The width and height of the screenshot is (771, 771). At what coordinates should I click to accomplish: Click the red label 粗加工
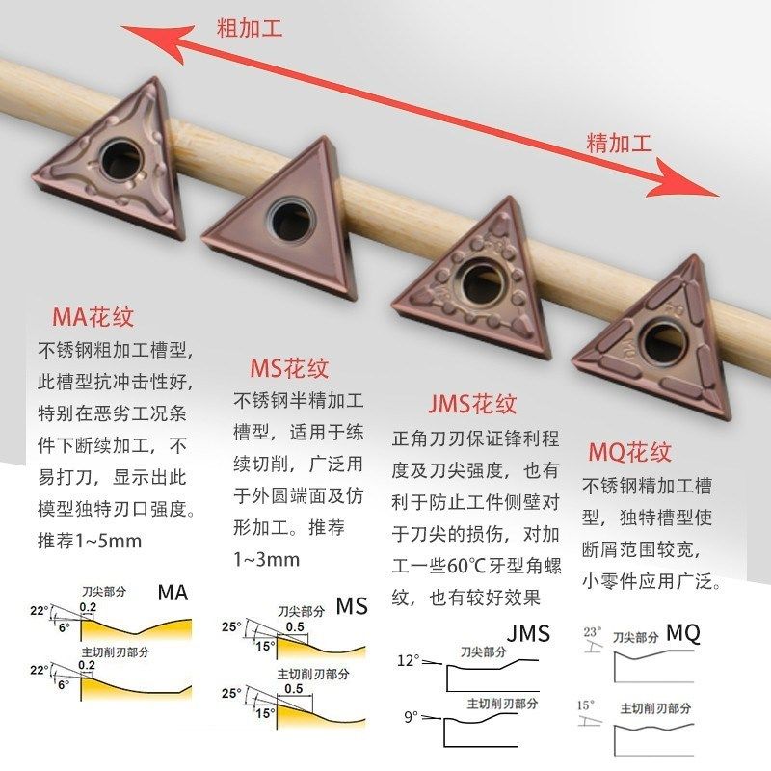click(249, 29)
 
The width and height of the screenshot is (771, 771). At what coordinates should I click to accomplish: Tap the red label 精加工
click(620, 144)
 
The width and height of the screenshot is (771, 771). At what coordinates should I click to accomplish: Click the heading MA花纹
click(93, 317)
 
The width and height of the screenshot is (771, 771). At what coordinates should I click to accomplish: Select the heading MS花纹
click(289, 368)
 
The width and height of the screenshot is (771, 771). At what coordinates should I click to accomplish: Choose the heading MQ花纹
click(629, 451)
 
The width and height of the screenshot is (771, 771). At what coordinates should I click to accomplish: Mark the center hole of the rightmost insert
click(662, 338)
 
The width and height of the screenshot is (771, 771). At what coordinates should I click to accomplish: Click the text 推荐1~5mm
click(90, 540)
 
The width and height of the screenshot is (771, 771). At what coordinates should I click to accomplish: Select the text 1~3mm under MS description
click(266, 559)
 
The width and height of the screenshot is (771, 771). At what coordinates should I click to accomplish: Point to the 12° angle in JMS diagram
click(409, 661)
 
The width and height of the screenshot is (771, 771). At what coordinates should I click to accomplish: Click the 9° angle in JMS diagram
click(411, 717)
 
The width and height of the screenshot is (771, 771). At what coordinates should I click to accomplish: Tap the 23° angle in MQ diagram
click(593, 631)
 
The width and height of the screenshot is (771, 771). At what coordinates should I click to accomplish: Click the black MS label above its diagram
click(352, 606)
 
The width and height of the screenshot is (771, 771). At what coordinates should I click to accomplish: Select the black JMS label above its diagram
click(528, 633)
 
